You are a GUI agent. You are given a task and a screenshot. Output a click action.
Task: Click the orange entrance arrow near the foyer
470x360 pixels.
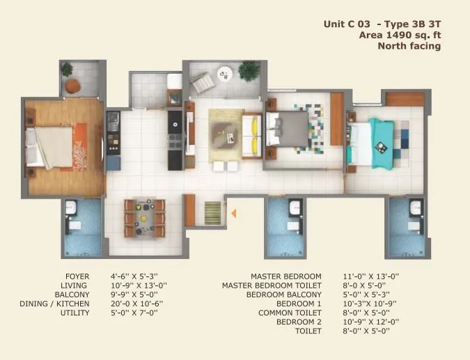234,213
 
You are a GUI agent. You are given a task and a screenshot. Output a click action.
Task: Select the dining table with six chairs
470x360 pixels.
145,217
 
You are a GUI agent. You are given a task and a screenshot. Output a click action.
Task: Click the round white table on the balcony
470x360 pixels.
225,72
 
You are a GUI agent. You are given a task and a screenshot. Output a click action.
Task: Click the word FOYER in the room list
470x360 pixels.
77,276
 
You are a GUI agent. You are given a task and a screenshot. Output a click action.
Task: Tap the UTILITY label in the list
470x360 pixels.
75,313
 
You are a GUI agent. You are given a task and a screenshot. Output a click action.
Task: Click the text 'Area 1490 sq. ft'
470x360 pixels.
400,35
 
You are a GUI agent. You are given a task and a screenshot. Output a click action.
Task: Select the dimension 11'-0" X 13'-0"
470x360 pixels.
370,276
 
